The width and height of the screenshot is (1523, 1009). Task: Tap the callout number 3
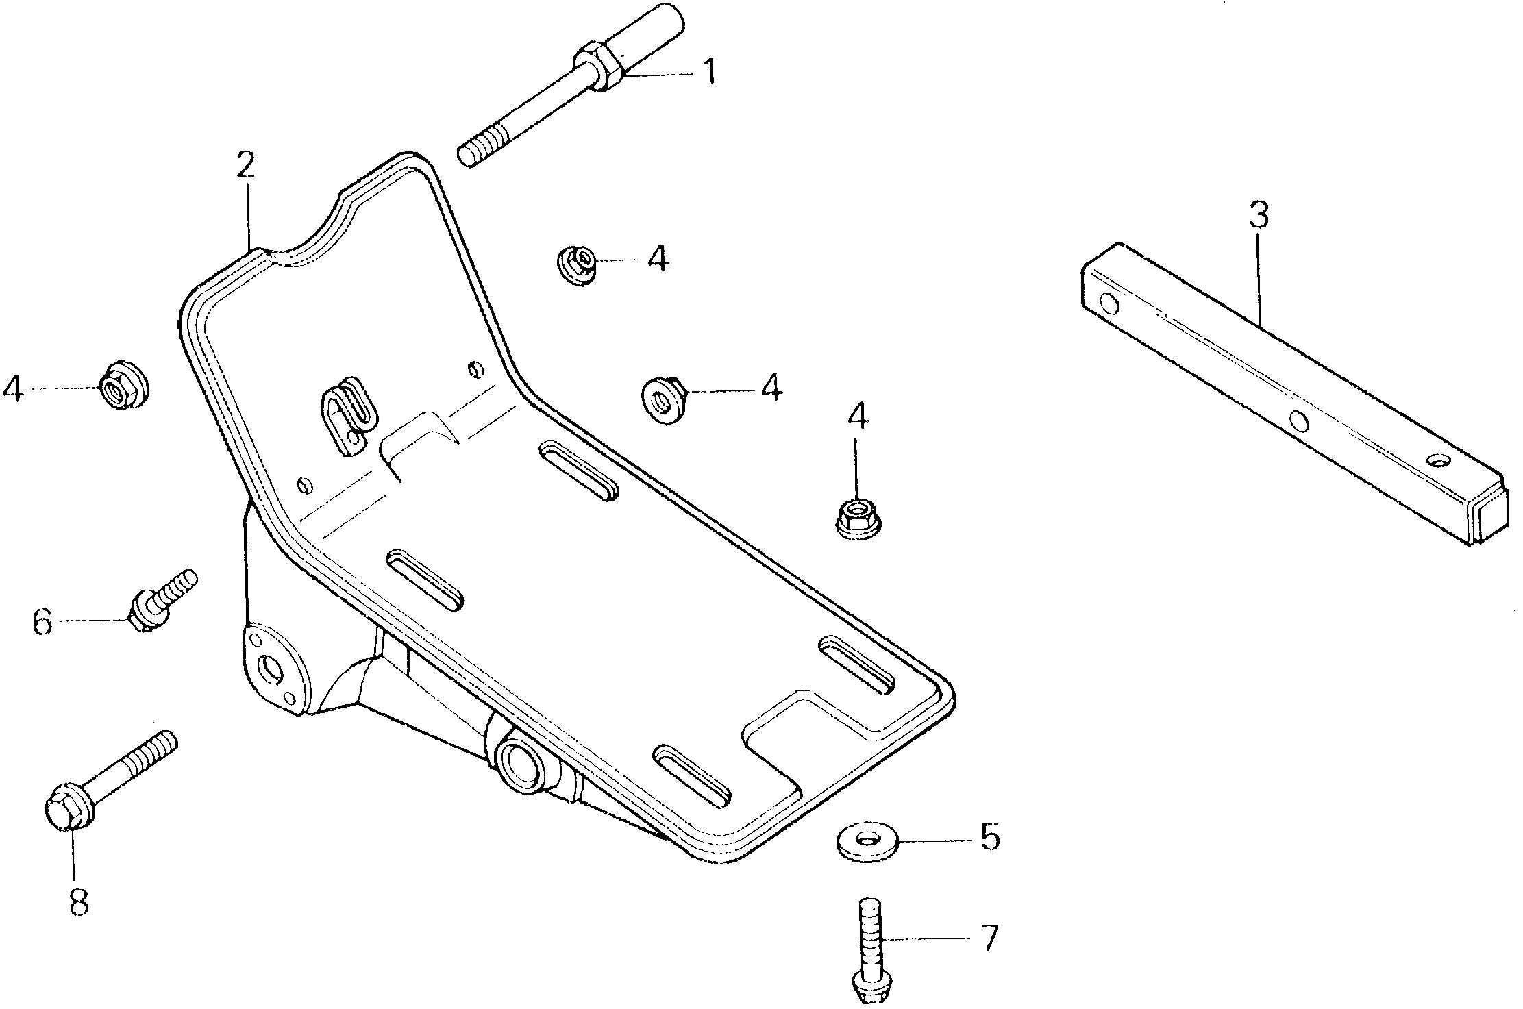(1258, 214)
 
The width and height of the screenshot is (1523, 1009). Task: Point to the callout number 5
(989, 836)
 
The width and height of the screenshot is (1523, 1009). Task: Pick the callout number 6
(42, 622)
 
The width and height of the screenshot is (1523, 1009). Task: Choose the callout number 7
(989, 938)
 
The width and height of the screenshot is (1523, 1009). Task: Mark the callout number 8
(79, 901)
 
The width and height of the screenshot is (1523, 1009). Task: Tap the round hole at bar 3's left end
(1109, 302)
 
